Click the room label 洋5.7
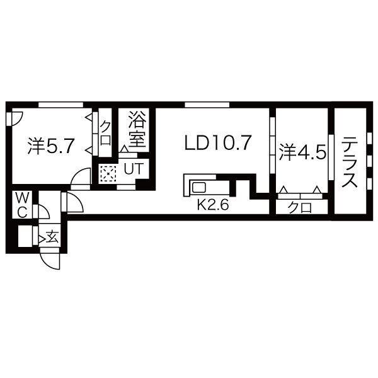[52, 147]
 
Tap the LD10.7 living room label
[218, 143]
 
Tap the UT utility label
[133, 168]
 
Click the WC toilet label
[21, 205]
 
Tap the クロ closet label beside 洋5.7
[105, 134]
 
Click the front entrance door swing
[50, 260]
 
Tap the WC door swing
[44, 211]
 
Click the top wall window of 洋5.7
[60, 104]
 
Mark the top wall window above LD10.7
[207, 104]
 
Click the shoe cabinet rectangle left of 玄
[25, 237]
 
